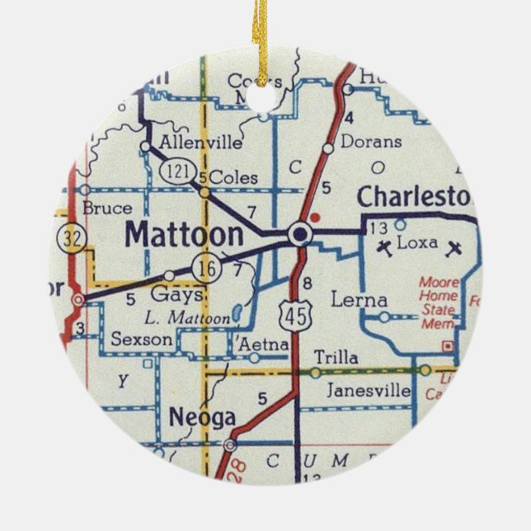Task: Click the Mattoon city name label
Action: [x=184, y=234]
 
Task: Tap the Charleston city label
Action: [x=415, y=198]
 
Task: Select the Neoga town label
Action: [x=202, y=418]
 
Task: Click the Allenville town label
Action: [x=201, y=143]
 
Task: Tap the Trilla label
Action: [x=336, y=358]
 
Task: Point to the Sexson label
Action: [x=142, y=339]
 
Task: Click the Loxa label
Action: [x=417, y=244]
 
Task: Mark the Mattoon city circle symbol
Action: [x=301, y=235]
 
